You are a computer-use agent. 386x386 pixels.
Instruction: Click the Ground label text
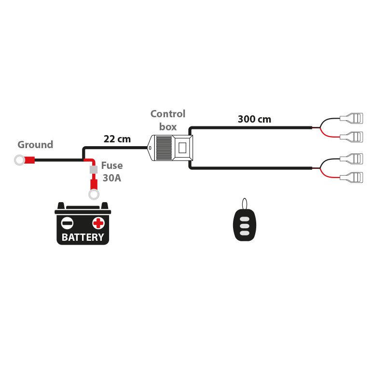click(x=35, y=145)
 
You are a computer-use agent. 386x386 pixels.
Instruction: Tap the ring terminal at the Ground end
click(x=19, y=160)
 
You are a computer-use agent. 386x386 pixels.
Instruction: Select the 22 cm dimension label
click(x=117, y=139)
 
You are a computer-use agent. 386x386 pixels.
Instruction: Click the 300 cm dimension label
click(x=254, y=119)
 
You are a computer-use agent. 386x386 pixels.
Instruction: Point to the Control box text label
click(x=167, y=120)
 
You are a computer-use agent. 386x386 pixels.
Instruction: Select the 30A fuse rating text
click(x=111, y=178)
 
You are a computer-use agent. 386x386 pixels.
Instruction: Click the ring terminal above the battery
click(x=94, y=194)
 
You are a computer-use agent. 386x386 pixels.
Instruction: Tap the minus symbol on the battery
click(x=68, y=223)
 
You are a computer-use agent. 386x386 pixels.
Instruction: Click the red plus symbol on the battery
click(x=98, y=223)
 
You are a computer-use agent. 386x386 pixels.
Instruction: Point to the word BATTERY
click(x=83, y=237)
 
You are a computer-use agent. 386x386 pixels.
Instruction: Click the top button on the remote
click(x=245, y=218)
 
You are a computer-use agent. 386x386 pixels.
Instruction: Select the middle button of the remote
click(x=245, y=225)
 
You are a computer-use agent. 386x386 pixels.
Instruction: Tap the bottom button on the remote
click(x=245, y=233)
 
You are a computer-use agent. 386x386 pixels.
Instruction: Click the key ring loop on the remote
click(x=245, y=203)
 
